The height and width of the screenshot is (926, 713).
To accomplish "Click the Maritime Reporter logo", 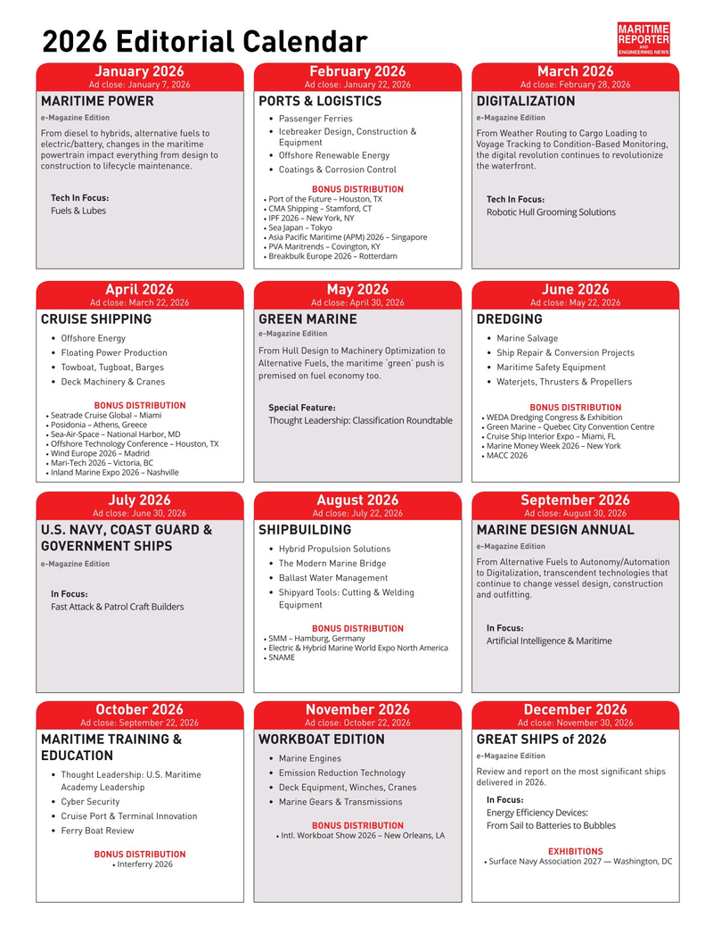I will [x=643, y=40].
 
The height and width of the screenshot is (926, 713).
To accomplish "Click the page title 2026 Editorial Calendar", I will [x=205, y=42].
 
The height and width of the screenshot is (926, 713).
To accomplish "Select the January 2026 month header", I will [x=139, y=71].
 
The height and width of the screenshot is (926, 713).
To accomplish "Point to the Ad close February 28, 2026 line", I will [x=575, y=85].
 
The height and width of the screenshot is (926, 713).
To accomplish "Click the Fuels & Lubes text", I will [x=78, y=211].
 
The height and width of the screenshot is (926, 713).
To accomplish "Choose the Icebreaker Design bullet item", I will [x=347, y=132].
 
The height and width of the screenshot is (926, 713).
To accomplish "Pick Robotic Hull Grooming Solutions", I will [x=551, y=212].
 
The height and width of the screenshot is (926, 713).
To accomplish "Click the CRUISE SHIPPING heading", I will [x=96, y=319].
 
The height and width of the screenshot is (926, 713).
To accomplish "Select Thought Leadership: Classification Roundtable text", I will [x=360, y=420].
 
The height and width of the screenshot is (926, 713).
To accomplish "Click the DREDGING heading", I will [x=509, y=319].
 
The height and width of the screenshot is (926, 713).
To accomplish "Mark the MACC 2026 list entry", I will [x=507, y=456].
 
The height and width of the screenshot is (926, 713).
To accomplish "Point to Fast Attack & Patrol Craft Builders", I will [x=117, y=607].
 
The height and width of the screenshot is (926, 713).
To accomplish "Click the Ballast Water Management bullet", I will [x=332, y=578].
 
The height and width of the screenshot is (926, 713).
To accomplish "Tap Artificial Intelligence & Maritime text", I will [x=549, y=641].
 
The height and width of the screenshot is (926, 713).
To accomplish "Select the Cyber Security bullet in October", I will [x=90, y=802].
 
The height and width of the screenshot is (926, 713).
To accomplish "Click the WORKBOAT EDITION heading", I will [x=321, y=740].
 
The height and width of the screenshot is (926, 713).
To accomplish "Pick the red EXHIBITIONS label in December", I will [x=575, y=851].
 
